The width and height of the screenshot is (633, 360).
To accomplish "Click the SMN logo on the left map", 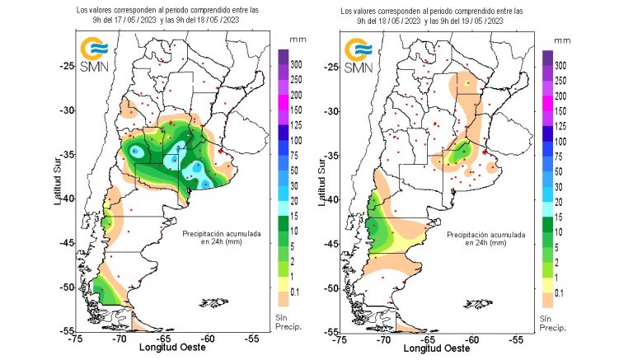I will point(91,54).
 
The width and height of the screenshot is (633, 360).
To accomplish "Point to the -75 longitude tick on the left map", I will point(75,338).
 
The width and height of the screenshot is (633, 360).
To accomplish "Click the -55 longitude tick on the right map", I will point(517,338).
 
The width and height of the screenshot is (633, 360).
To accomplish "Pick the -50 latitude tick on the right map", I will point(330,288).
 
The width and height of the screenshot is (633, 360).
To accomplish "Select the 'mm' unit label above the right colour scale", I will point(562,40).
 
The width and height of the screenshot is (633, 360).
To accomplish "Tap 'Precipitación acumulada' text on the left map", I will point(222,234).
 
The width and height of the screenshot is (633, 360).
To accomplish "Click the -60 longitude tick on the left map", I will point(208,338).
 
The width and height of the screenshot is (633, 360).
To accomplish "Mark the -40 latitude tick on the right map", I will point(330,199).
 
